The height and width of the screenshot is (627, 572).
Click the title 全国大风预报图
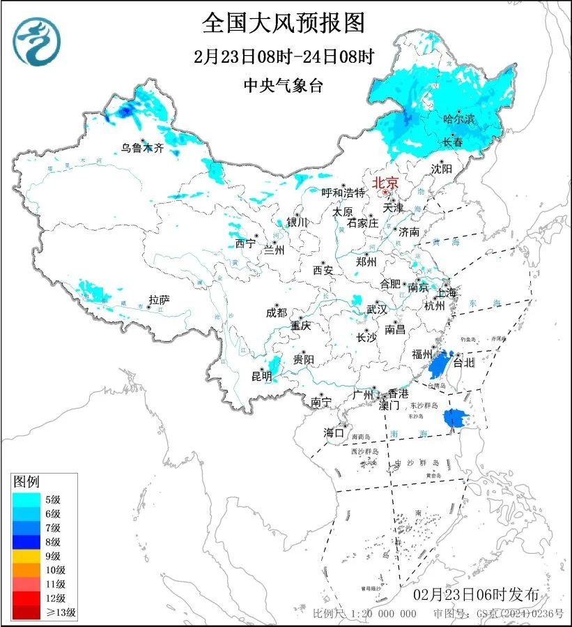(284, 23)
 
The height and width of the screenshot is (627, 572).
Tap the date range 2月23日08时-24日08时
(284, 57)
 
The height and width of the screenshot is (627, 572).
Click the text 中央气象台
(284, 86)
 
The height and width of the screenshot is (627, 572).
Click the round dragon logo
(37, 40)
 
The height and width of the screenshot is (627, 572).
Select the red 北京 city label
(385, 183)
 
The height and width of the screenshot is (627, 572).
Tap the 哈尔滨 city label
(458, 120)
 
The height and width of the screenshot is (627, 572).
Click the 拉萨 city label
(159, 300)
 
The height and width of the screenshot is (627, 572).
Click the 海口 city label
(334, 433)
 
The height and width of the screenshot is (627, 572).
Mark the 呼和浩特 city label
(343, 192)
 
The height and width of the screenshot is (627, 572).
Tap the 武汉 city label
(377, 308)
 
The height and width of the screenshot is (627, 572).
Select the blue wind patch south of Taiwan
(454, 418)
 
